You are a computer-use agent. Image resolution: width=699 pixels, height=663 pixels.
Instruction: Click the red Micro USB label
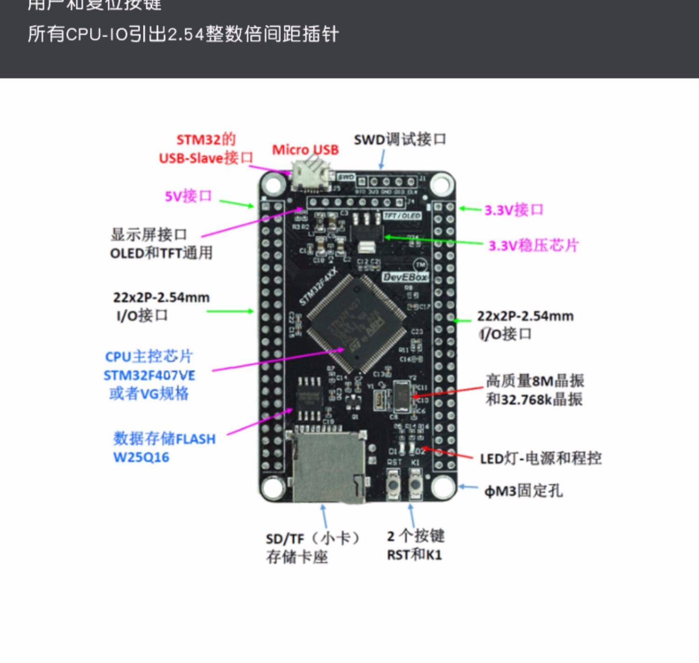pyautogui.click(x=305, y=150)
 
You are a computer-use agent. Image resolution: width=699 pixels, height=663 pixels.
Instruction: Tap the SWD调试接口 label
pyautogui.click(x=400, y=139)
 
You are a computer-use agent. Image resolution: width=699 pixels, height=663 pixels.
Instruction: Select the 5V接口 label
pyautogui.click(x=188, y=196)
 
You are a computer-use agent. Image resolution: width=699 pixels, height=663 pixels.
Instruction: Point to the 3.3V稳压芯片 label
pyautogui.click(x=534, y=246)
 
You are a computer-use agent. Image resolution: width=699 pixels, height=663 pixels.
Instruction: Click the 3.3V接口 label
pyautogui.click(x=514, y=210)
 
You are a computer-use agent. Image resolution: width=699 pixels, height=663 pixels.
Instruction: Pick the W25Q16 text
pyautogui.click(x=141, y=457)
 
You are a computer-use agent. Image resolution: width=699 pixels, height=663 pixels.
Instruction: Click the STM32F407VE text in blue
pyautogui.click(x=149, y=376)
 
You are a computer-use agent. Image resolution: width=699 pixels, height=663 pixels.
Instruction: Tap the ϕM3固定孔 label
pyautogui.click(x=523, y=491)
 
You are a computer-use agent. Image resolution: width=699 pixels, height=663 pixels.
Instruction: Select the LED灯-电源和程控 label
pyautogui.click(x=541, y=458)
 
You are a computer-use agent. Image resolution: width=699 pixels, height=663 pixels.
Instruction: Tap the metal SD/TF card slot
pyautogui.click(x=325, y=466)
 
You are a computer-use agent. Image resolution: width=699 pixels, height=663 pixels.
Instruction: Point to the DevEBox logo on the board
pyautogui.click(x=405, y=277)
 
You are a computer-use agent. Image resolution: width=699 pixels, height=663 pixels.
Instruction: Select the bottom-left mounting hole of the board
pyautogui.click(x=273, y=488)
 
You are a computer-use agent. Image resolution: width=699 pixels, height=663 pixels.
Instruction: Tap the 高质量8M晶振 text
pyautogui.click(x=535, y=381)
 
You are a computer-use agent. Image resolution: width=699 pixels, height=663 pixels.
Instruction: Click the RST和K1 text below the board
pyautogui.click(x=414, y=555)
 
